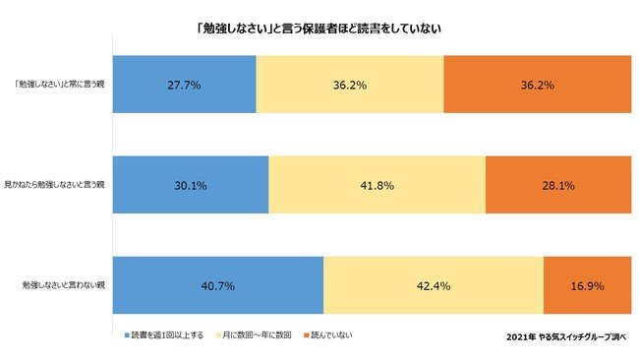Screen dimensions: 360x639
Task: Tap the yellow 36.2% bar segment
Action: coord(349,86)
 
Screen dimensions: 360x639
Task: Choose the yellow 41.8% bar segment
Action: coord(377,184)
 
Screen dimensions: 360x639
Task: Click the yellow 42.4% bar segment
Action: coord(433,285)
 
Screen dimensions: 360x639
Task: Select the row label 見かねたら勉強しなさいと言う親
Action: coord(54,184)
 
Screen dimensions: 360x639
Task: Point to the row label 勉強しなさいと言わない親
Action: coord(64,285)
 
